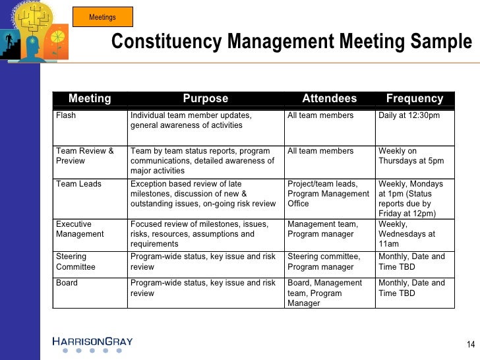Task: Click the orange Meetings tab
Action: pyautogui.click(x=102, y=17)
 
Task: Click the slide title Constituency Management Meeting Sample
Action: pyautogui.click(x=291, y=42)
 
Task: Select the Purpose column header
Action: pyautogui.click(x=205, y=99)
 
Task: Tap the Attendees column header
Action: pyautogui.click(x=329, y=99)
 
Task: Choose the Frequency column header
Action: pyautogui.click(x=414, y=99)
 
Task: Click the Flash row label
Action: pyautogui.click(x=66, y=115)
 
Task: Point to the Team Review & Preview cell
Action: pyautogui.click(x=85, y=156)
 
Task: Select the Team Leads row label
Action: pyautogui.click(x=78, y=184)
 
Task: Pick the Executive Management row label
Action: pyautogui.click(x=80, y=229)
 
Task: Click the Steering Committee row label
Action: pyautogui.click(x=76, y=262)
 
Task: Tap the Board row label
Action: pyautogui.click(x=67, y=283)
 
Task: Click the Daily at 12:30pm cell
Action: pyautogui.click(x=409, y=115)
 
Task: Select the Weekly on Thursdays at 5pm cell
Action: pyautogui.click(x=411, y=156)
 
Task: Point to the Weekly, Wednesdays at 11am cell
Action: pyautogui.click(x=407, y=234)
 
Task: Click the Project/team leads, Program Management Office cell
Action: pyautogui.click(x=328, y=194)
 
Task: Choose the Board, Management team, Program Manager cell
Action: pyautogui.click(x=325, y=293)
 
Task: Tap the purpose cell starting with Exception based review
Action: pyautogui.click(x=203, y=194)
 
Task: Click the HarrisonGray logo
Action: pyautogui.click(x=92, y=342)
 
